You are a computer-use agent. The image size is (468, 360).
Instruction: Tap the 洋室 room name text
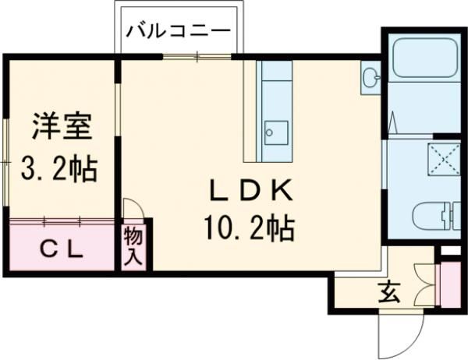[x=62, y=125]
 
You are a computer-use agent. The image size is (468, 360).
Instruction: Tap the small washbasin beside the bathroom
[x=371, y=76]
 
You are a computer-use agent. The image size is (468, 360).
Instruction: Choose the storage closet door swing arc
[x=133, y=208]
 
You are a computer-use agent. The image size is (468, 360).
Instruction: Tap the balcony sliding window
[x=197, y=56]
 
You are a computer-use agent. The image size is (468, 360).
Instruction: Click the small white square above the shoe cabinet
[x=448, y=251]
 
